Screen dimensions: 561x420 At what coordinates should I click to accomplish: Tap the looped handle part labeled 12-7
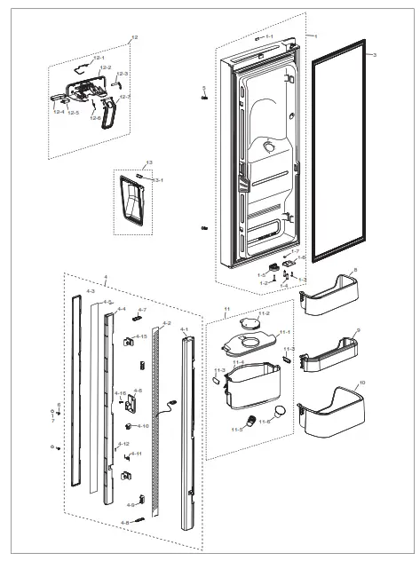[x=109, y=113]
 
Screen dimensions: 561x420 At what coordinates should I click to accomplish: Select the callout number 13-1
[x=159, y=180]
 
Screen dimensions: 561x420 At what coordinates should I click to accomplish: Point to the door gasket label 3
[x=375, y=55]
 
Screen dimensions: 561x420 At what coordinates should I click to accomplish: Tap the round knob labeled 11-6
[x=281, y=411]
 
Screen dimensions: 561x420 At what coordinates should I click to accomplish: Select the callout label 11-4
[x=238, y=362]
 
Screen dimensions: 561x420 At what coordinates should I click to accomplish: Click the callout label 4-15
[x=141, y=337]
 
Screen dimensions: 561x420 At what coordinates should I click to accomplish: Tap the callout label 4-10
[x=142, y=426]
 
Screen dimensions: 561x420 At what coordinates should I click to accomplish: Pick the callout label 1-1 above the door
[x=269, y=36]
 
